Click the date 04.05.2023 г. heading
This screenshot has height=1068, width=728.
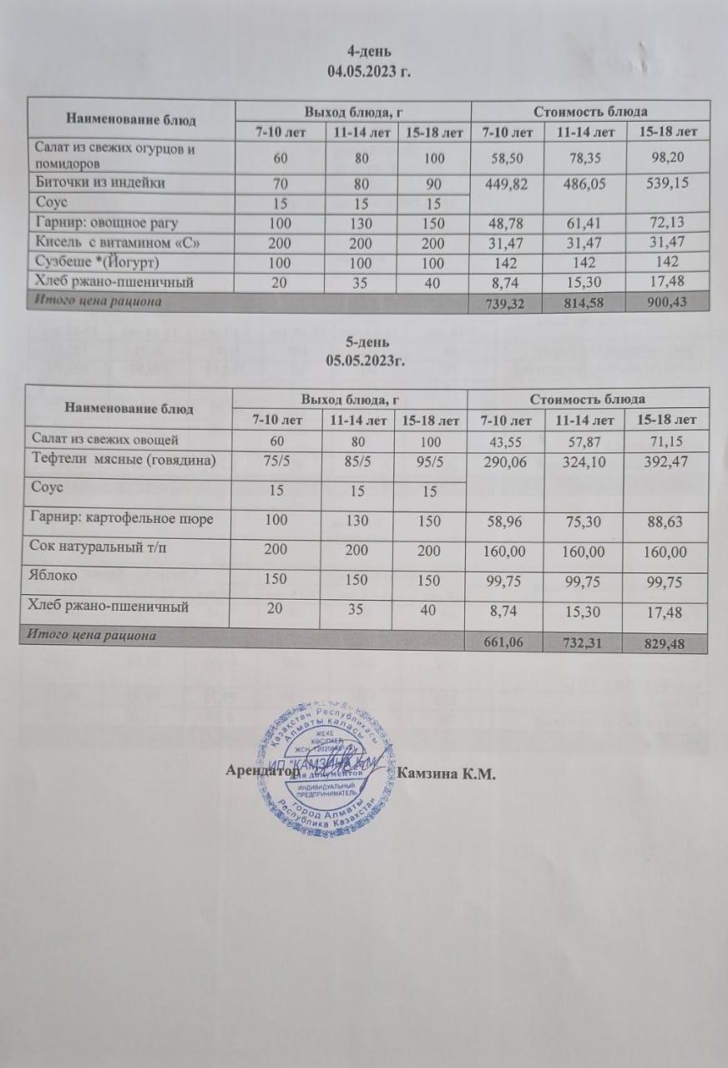[x=370, y=72]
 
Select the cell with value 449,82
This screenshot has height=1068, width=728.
[x=507, y=184]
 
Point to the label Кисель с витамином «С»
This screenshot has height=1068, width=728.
[x=118, y=242]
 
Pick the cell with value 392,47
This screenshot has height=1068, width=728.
[x=665, y=461]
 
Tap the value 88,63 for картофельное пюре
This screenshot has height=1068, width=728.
[x=665, y=521]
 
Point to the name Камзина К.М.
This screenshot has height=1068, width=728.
[x=447, y=773]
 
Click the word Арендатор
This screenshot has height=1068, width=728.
[x=263, y=772]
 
